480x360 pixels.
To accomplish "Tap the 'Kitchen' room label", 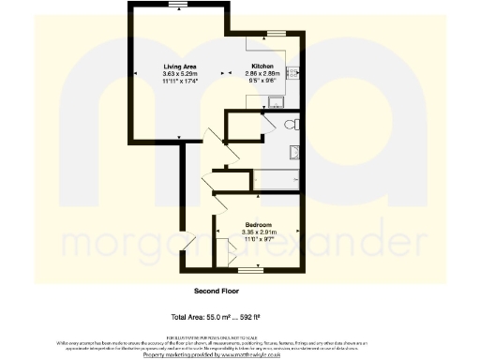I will point(260,66).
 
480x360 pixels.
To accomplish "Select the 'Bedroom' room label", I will point(259,225).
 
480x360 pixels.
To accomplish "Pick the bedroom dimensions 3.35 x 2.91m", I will point(260,232).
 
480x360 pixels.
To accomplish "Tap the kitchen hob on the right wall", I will point(292,73).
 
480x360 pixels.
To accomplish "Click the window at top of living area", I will point(175,6).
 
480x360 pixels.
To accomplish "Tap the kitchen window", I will point(275,34).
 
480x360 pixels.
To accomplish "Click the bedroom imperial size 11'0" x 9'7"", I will point(260,241).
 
